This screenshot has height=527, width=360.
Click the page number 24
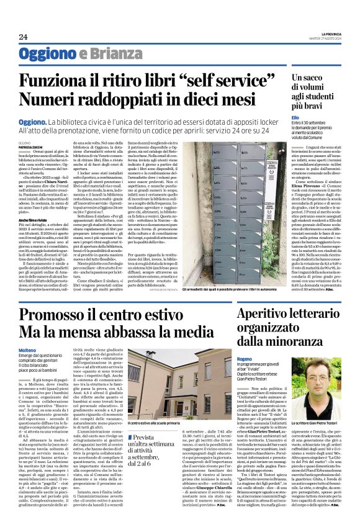24,37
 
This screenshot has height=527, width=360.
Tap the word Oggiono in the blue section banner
45,54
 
